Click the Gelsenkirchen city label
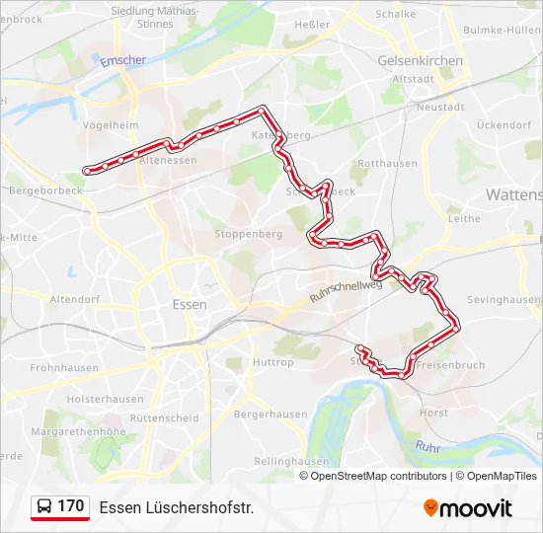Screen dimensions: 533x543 [420, 60]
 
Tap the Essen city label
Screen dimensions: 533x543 [189, 304]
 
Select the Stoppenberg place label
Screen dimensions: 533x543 [249, 234]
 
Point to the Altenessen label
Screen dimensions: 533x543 [170, 159]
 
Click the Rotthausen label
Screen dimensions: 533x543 [388, 163]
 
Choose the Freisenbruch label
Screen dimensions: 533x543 [450, 365]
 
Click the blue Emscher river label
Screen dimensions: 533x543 [123, 60]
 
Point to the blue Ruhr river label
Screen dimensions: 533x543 [427, 447]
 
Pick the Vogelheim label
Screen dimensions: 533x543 [111, 124]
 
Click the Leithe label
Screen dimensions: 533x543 [464, 219]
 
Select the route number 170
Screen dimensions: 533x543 [71, 506]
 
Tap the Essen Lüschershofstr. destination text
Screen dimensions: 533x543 [177, 507]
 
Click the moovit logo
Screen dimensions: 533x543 [468, 508]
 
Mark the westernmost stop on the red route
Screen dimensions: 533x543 [88, 171]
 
